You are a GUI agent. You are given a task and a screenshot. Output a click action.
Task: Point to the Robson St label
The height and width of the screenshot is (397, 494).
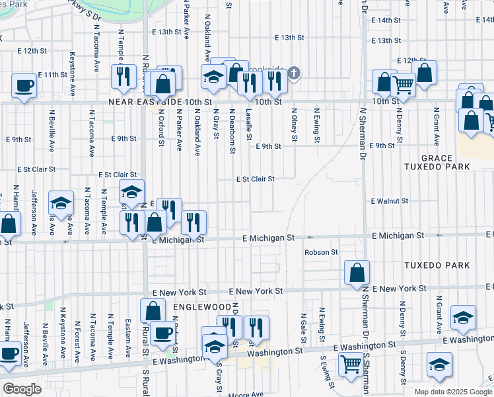[321, 252]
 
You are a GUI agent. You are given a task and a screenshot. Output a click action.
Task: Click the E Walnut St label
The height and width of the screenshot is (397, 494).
[390, 200]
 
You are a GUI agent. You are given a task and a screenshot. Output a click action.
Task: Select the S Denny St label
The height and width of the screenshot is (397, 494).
[402, 370]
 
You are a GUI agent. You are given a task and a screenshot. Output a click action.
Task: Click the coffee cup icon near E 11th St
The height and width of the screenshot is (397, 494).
[24, 86]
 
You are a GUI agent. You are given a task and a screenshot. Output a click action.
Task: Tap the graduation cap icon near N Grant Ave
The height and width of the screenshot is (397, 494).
[464, 317]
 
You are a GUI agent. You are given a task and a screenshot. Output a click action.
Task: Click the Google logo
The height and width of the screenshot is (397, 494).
[22, 389]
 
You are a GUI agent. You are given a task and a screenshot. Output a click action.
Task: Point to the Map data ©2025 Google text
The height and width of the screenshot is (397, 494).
[453, 392]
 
